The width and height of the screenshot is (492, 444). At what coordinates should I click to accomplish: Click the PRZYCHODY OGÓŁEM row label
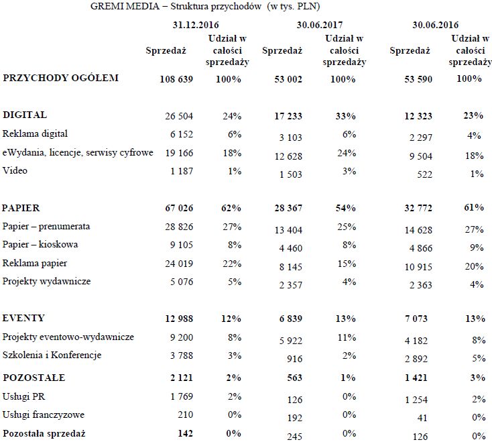tap(61, 78)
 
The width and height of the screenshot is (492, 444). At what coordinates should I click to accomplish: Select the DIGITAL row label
tap(25, 115)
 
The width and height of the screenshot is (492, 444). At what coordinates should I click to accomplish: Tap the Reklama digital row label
tap(35, 134)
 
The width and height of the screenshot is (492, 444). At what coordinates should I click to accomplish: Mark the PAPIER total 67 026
tap(179, 209)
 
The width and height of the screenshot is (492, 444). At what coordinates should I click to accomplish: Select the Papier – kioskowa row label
tap(40, 244)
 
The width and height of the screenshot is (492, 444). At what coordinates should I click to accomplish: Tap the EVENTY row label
tap(23, 317)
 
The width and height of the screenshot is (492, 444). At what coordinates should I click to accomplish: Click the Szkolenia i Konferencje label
tap(52, 355)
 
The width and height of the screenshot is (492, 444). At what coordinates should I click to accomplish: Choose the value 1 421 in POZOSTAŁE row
tap(415, 378)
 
